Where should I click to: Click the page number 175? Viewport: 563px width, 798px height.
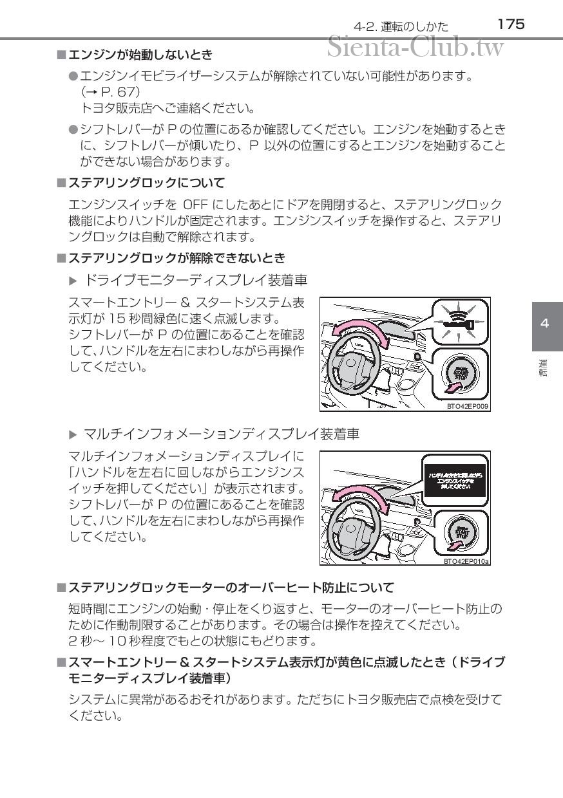(x=511, y=24)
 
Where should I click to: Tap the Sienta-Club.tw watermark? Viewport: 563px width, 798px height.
(x=415, y=46)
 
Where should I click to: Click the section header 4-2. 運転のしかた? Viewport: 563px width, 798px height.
(x=401, y=26)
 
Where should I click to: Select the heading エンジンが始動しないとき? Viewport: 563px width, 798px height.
(x=140, y=55)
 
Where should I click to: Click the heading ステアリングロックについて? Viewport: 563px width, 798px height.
(x=146, y=183)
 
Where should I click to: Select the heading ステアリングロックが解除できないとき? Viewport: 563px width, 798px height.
(x=177, y=258)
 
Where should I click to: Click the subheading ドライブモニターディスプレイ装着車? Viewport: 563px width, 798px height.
(x=196, y=280)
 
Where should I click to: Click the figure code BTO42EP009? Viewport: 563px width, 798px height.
(x=467, y=406)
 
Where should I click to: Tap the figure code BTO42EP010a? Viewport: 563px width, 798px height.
(x=466, y=561)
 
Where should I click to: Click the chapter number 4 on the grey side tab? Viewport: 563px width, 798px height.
(x=544, y=323)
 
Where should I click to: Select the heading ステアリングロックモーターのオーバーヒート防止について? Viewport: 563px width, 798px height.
(x=231, y=588)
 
